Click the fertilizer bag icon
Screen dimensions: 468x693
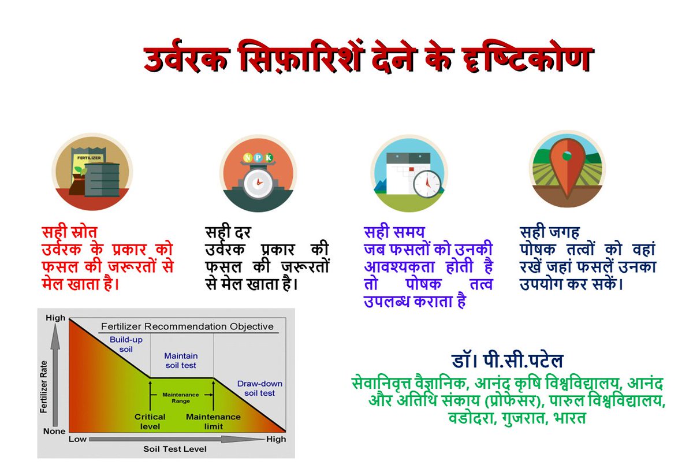pyautogui.click(x=92, y=172)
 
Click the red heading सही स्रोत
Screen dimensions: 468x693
pyautogui.click(x=69, y=233)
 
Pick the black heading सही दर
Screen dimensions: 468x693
pyautogui.click(x=229, y=233)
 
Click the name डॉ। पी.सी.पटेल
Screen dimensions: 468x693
pyautogui.click(x=507, y=361)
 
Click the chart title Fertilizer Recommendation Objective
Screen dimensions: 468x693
pyautogui.click(x=187, y=326)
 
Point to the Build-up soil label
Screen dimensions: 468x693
pyautogui.click(x=126, y=344)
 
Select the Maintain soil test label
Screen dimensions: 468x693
pyautogui.click(x=180, y=361)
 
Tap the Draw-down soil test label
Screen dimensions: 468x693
pyautogui.click(x=259, y=388)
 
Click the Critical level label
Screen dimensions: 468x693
pyautogui.click(x=150, y=421)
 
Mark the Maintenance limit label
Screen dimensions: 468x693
pyautogui.click(x=213, y=421)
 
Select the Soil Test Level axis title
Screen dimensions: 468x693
pyautogui.click(x=174, y=449)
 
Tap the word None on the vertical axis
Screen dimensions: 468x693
pyautogui.click(x=54, y=431)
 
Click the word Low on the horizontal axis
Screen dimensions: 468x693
pyautogui.click(x=77, y=439)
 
